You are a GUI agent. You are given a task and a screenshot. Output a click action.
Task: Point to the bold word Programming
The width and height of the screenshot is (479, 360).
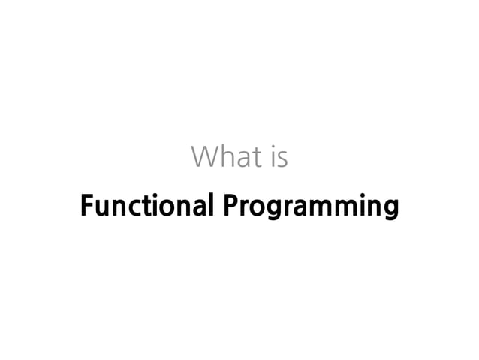click(x=310, y=206)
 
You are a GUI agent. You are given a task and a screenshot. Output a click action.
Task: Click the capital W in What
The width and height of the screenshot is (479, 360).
click(x=204, y=157)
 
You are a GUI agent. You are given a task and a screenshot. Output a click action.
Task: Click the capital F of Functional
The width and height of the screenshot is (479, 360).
click(x=86, y=204)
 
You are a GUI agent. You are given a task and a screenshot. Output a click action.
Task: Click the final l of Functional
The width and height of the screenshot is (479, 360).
click(x=209, y=204)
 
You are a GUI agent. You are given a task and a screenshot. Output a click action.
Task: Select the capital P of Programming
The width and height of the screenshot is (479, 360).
click(x=229, y=204)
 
